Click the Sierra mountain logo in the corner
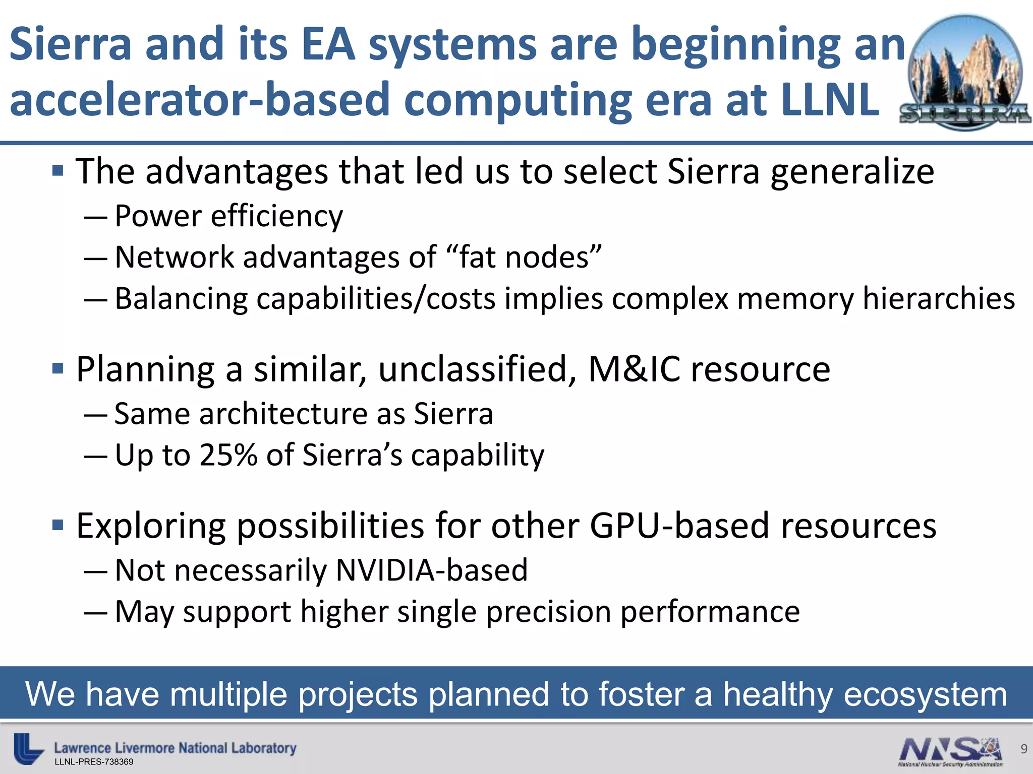(965, 73)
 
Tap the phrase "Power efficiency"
(228, 216)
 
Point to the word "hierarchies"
(939, 298)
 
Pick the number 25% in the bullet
(228, 455)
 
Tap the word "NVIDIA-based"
(431, 570)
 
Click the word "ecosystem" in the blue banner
(925, 694)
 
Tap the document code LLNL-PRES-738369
(94, 762)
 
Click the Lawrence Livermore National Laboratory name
(175, 748)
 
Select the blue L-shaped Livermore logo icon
(27, 748)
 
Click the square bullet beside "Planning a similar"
(58, 369)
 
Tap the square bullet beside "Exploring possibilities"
(58, 526)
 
